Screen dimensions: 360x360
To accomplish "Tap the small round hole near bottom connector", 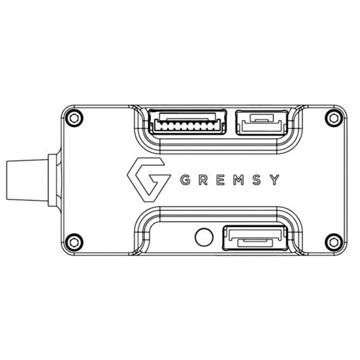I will tap(203, 237).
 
